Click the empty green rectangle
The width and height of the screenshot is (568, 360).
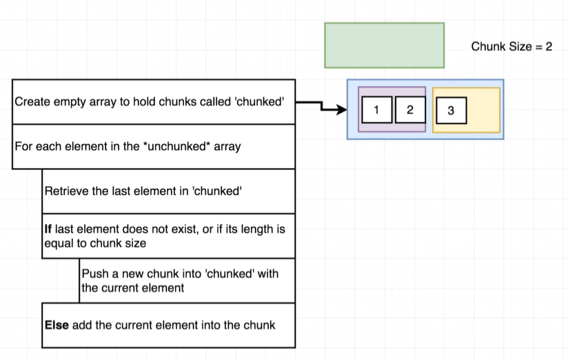coord(384,46)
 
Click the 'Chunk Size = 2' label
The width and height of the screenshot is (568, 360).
coord(511,47)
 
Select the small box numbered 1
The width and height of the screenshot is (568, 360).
coord(376,110)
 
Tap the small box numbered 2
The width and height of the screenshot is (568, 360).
coord(410,110)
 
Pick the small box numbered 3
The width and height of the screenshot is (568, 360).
coord(451,110)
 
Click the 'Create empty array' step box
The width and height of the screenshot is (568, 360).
coord(153,101)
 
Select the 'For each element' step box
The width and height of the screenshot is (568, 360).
coord(153,146)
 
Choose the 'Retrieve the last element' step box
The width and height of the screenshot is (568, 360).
coord(168,191)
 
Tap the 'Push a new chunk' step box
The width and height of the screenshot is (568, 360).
coord(187,281)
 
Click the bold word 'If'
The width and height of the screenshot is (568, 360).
coord(48,229)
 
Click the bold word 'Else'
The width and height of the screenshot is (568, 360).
coord(56,324)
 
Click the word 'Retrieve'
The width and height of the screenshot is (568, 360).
coord(65,191)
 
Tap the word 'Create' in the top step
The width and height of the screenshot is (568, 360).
coord(30,101)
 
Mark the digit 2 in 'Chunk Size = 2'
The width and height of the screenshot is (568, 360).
coord(549,47)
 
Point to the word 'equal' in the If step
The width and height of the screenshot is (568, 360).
coord(57,243)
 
